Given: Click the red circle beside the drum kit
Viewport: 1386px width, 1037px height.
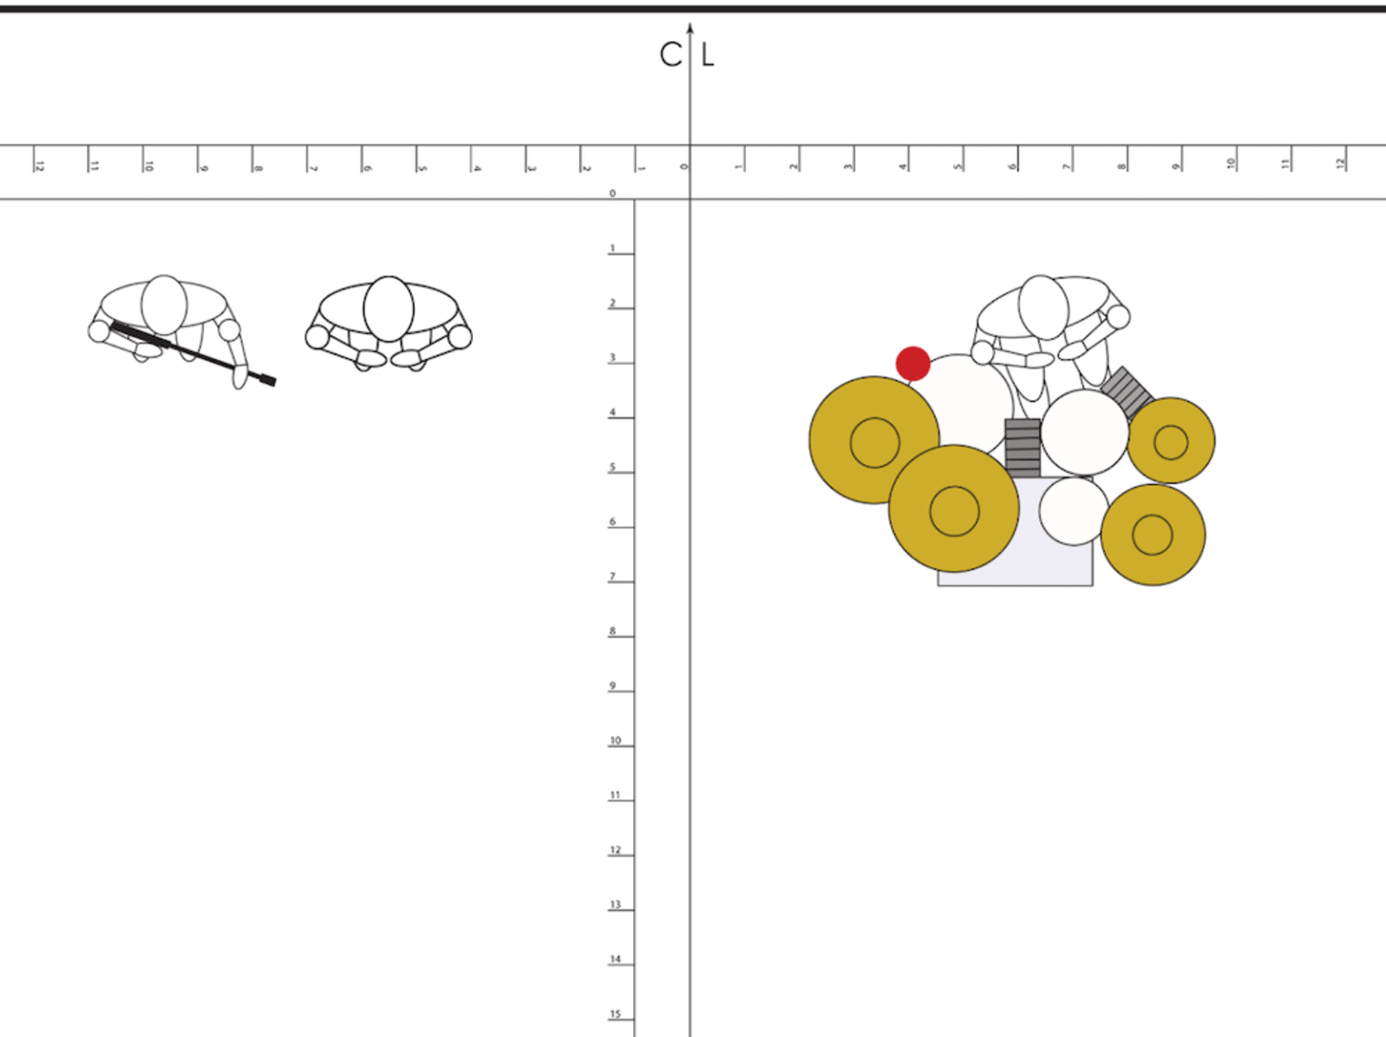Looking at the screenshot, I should coord(913,363).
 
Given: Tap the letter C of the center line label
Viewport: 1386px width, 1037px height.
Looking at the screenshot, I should coord(671,55).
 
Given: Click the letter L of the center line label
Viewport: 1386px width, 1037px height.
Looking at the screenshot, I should coord(708,55).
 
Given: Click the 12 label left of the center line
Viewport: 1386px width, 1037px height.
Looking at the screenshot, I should coord(39,165).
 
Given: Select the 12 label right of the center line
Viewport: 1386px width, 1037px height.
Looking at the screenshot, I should coord(1340,164).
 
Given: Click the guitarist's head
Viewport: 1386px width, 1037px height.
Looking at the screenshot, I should coord(165,304).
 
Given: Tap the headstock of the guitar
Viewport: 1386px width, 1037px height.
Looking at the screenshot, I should coord(265,378).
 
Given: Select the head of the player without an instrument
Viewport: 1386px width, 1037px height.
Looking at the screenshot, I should coord(388,307).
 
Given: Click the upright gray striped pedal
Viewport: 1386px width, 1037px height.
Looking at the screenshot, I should coord(1023,448).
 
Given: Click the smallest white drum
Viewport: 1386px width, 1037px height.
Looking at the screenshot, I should coord(1074,511).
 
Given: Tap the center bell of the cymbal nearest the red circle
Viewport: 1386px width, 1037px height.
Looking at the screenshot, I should coord(874,442).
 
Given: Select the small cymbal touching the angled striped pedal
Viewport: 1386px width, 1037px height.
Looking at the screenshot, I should coord(1170,442).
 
